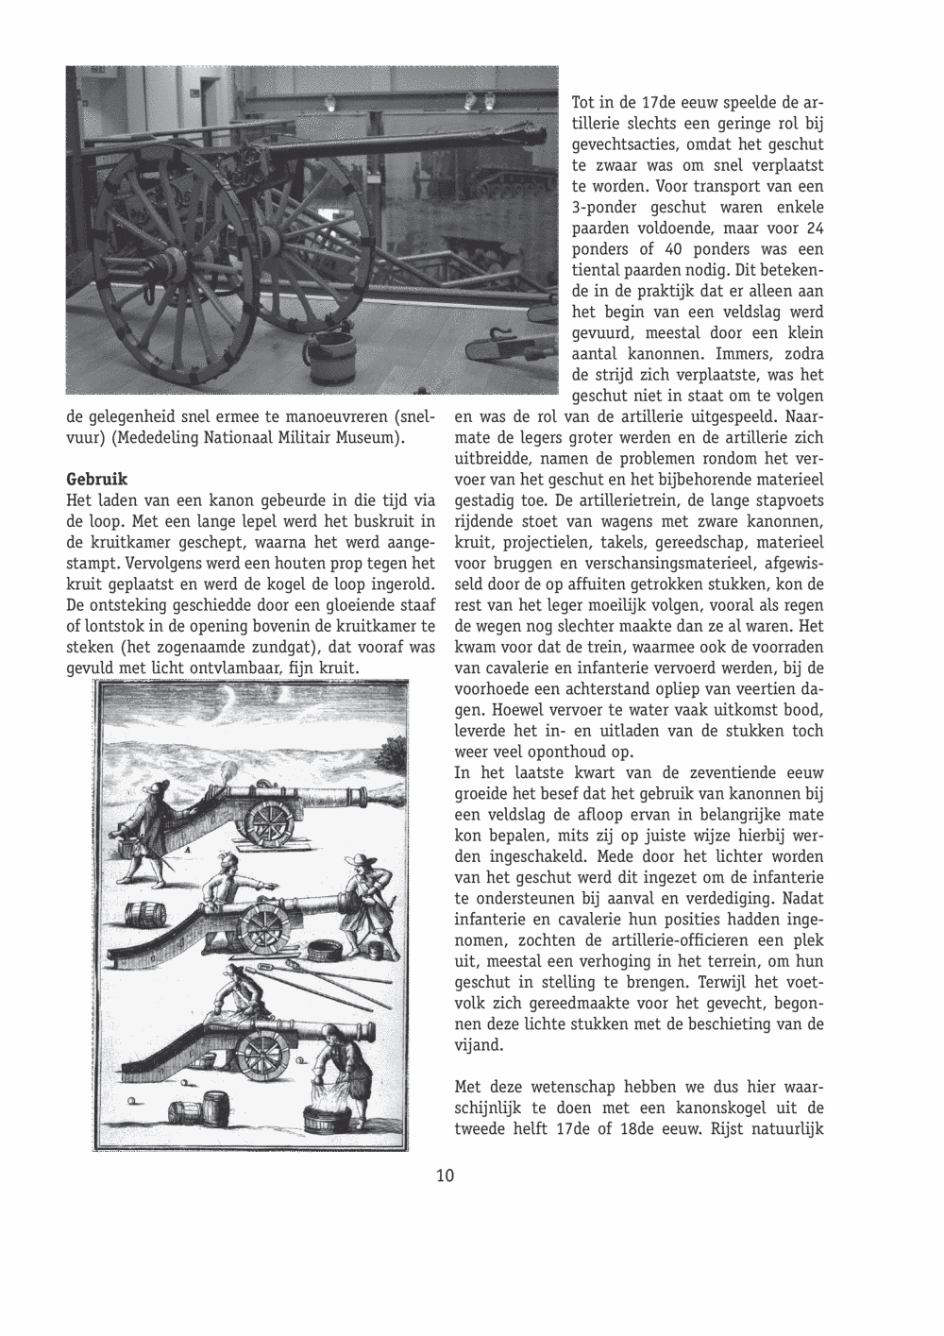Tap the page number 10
pyautogui.click(x=446, y=1175)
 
